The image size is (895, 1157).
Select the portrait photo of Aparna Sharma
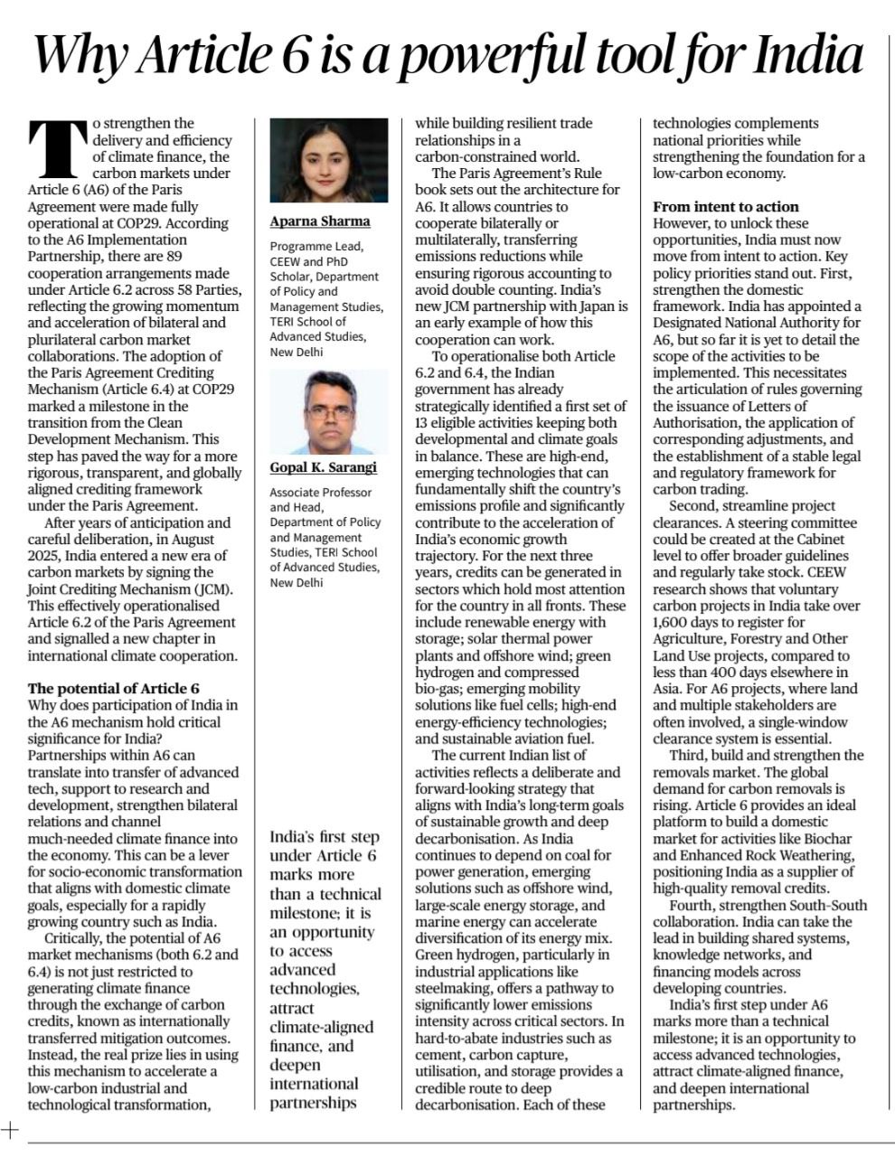click(x=328, y=161)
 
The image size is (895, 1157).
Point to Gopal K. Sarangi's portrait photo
click(x=328, y=411)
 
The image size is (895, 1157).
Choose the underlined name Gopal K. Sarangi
click(x=323, y=467)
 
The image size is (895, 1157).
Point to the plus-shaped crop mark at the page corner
click(x=10, y=1128)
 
